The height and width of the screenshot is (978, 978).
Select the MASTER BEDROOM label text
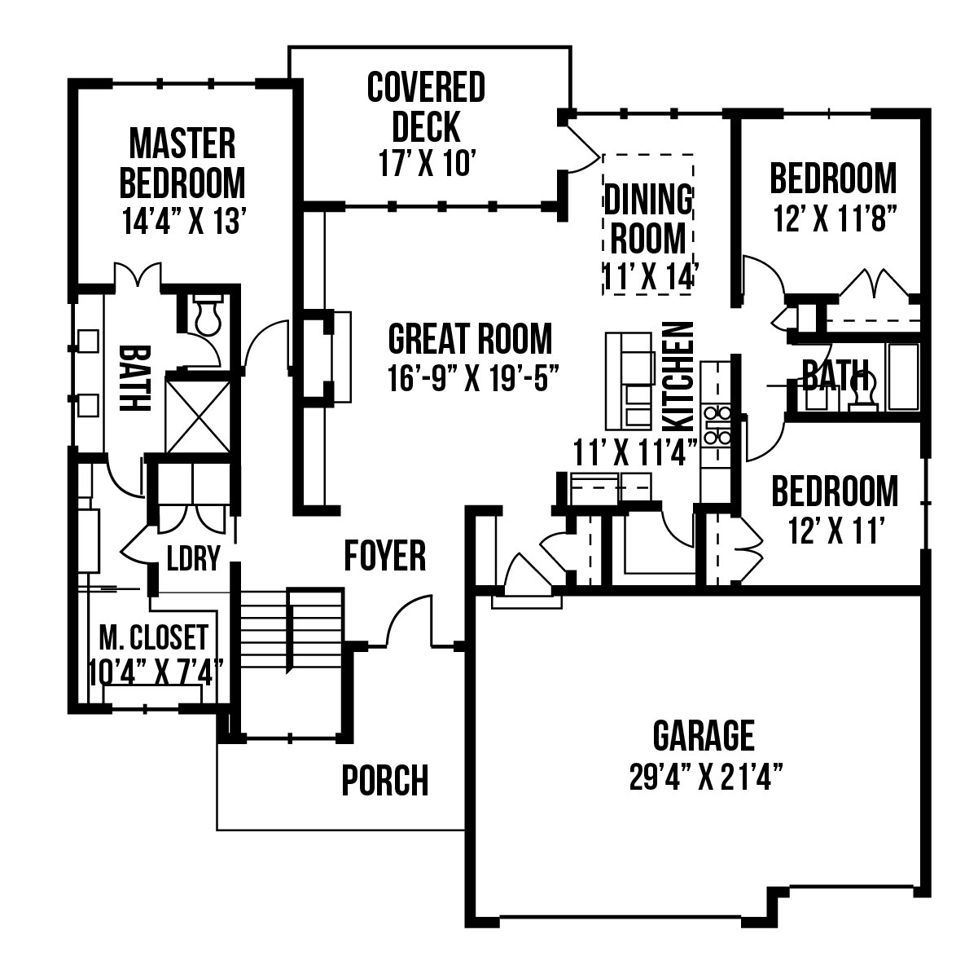click(182, 164)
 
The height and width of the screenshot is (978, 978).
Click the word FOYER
click(384, 557)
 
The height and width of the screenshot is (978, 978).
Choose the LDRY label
click(193, 557)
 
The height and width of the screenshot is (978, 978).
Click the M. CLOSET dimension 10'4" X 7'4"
click(156, 672)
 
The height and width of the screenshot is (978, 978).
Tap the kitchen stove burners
click(716, 425)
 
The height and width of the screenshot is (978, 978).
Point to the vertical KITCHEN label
click(678, 377)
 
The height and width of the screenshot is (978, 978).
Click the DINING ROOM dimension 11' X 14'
click(648, 277)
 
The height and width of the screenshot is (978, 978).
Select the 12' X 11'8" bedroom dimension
click(833, 219)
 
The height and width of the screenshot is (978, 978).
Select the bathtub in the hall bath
click(903, 377)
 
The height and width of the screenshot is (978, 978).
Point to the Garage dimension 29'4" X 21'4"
click(704, 777)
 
